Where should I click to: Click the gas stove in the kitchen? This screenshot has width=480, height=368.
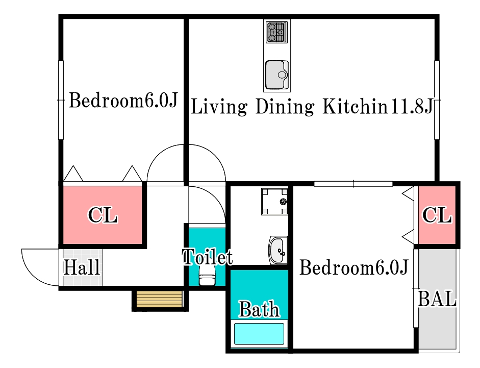(277, 32)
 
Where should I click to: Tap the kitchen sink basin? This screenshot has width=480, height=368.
(277, 75)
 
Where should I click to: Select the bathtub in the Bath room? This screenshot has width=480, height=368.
(259, 334)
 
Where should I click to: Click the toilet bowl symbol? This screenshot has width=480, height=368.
(207, 276)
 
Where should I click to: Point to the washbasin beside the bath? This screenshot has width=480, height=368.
(279, 250)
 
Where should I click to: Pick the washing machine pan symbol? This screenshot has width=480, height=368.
(274, 201)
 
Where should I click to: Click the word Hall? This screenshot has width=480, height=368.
(82, 267)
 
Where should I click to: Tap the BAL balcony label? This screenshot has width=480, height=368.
(437, 299)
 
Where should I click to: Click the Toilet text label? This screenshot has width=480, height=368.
(207, 257)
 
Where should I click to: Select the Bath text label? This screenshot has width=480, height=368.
(259, 309)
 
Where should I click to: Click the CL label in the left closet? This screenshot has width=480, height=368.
(103, 215)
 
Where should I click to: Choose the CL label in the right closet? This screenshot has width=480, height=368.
(437, 215)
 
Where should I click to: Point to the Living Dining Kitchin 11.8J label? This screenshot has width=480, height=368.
(312, 107)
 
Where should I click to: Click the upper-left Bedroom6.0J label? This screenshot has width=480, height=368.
(123, 100)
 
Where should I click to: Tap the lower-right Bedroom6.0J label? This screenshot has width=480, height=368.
(353, 267)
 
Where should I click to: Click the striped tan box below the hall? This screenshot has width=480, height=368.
(159, 299)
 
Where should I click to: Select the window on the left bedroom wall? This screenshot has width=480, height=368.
(61, 100)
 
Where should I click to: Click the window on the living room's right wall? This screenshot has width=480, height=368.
(437, 100)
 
